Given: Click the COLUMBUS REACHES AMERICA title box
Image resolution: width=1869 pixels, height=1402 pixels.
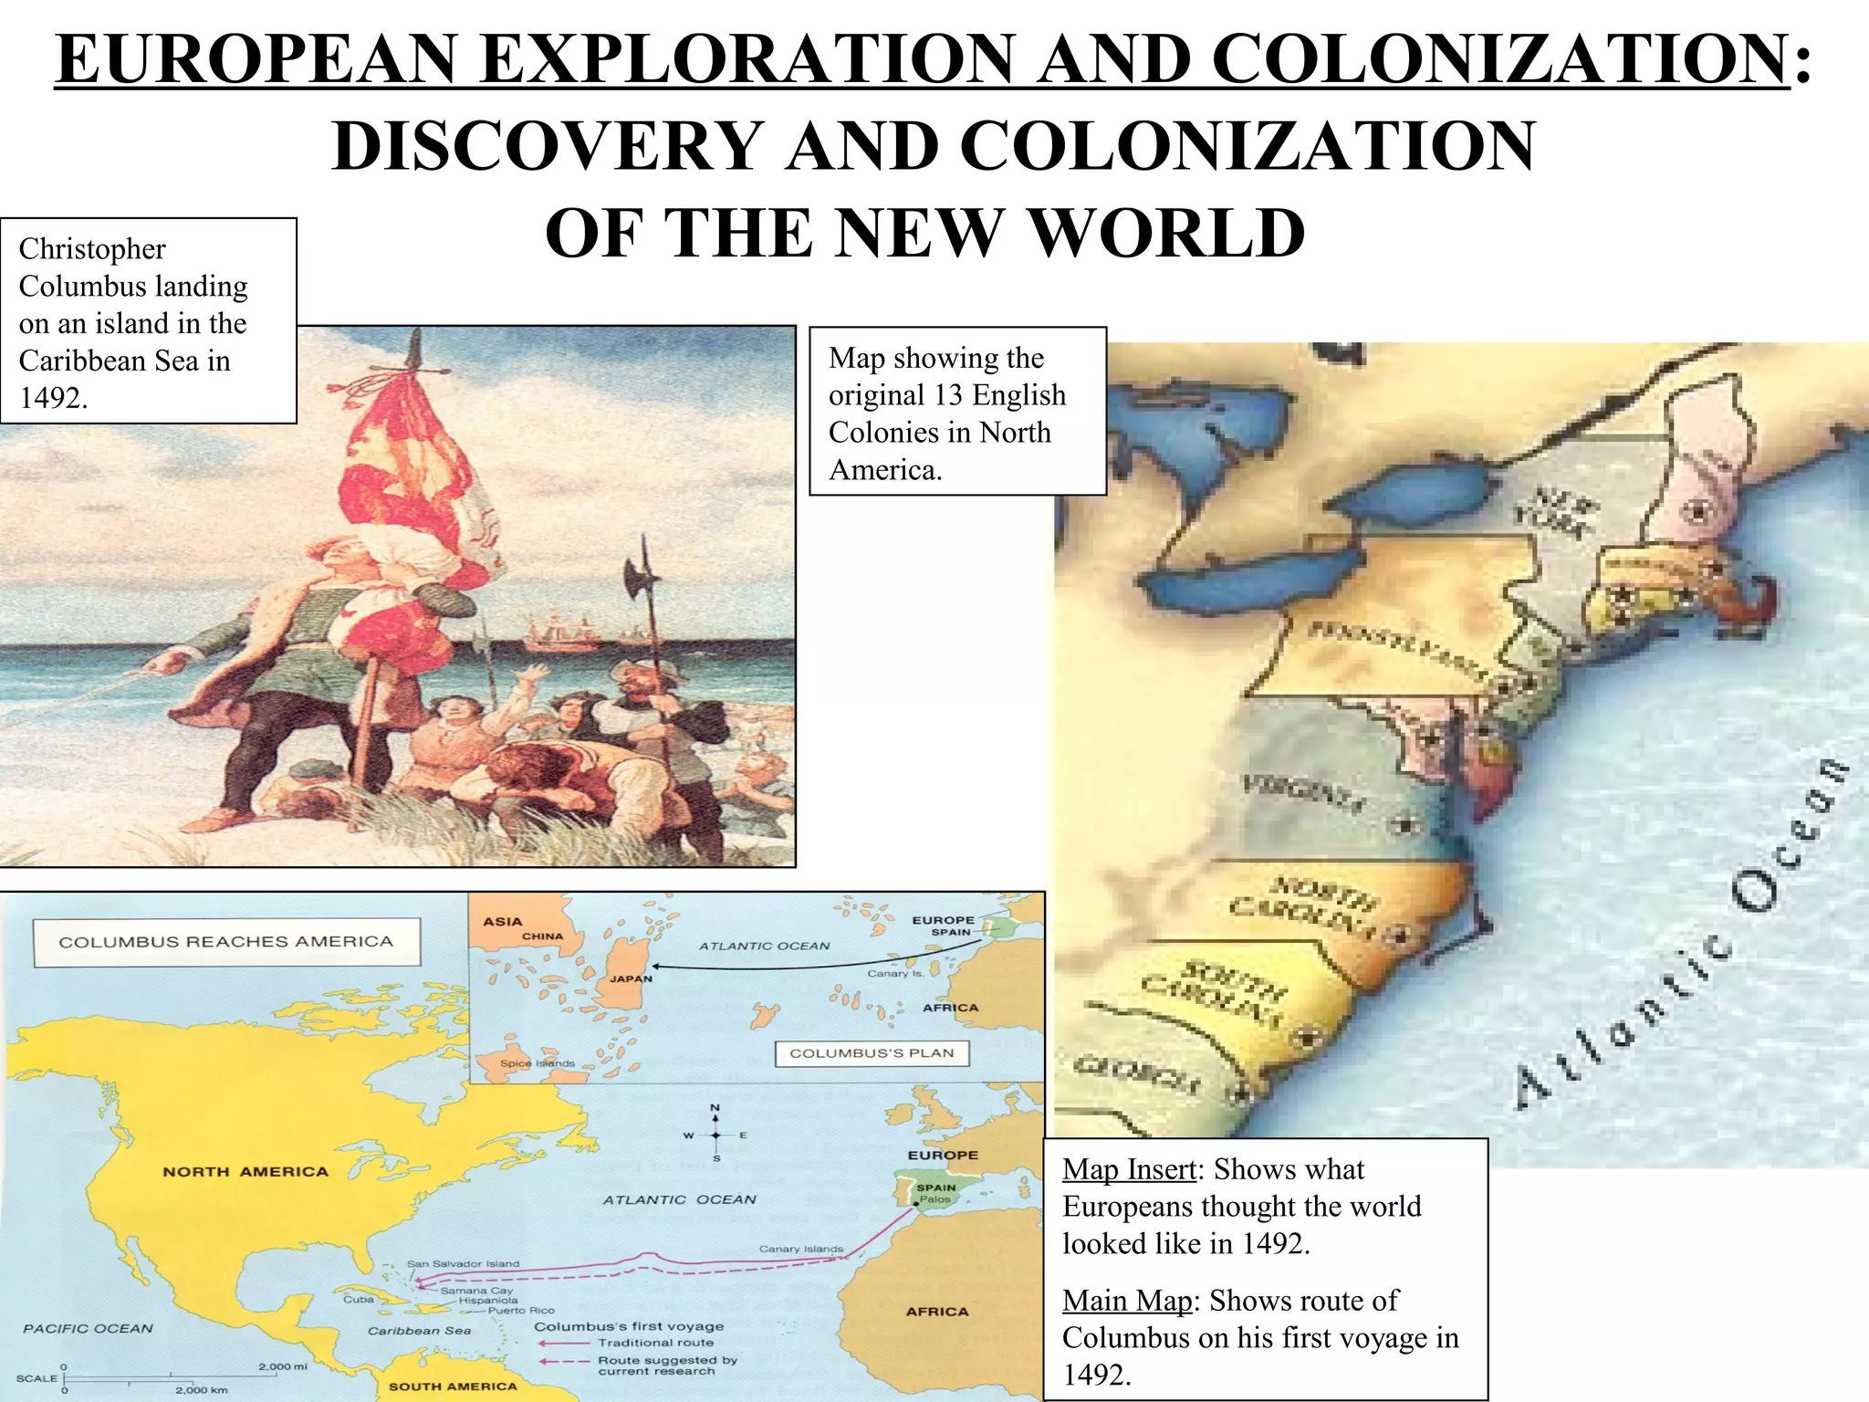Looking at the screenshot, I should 226,942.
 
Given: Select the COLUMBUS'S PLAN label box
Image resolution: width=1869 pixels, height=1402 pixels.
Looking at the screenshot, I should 872,1053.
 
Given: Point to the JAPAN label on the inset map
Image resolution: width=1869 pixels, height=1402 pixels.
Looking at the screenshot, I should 631,978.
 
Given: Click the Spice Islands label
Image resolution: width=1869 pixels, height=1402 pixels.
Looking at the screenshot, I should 538,1063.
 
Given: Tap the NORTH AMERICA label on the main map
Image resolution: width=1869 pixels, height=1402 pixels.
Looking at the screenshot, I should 245,1172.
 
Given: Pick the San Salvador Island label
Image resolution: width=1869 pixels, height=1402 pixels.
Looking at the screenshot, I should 463,1264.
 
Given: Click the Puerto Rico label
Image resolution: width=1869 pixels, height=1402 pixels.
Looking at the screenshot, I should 521,1311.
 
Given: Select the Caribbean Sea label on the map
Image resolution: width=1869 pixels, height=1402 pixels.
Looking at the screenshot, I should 419,1331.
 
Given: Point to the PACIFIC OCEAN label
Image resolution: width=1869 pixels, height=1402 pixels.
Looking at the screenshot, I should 88,1329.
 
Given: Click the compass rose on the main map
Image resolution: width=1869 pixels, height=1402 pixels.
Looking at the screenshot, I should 715,1135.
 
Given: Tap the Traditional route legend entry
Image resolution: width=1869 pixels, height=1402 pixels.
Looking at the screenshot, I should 655,1343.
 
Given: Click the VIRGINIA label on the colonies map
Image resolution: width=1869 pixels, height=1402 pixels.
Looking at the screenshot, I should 1303,795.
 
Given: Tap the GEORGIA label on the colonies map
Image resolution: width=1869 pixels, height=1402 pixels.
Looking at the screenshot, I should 1136,1075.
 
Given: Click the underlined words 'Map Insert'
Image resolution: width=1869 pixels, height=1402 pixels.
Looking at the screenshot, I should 1129,1169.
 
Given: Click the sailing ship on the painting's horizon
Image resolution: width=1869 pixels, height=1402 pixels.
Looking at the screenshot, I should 559,633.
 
